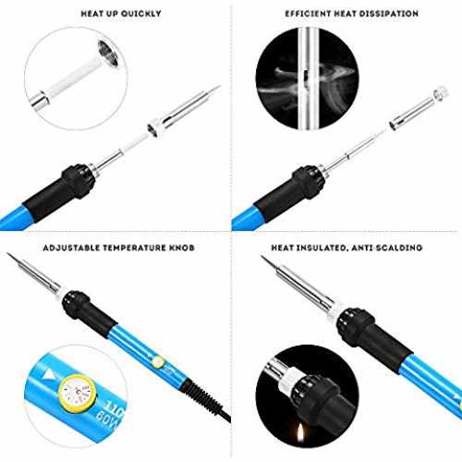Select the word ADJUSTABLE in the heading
[x=71, y=248]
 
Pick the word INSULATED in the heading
[x=321, y=248]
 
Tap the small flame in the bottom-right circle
[x=300, y=431]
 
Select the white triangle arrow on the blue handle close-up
[x=49, y=375]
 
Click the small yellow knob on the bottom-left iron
[x=158, y=362]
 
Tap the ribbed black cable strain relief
[x=201, y=395]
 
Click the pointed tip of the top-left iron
[x=219, y=86]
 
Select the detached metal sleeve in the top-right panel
[x=418, y=108]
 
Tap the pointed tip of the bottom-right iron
[x=262, y=257]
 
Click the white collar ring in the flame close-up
[x=289, y=381]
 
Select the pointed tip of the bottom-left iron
[x=8, y=254]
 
